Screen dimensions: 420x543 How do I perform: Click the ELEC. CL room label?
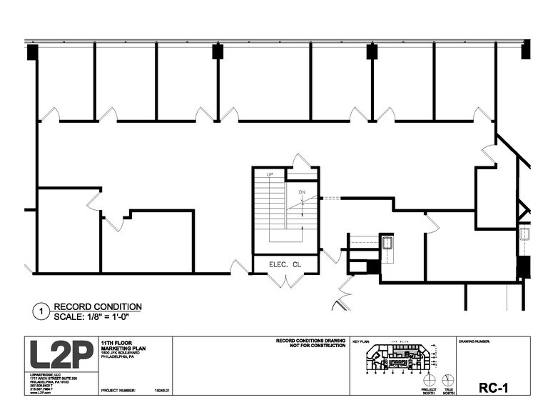285,264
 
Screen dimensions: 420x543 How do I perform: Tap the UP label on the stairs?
270,174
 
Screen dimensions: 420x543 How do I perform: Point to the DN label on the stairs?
302,192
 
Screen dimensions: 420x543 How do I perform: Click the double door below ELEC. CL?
285,280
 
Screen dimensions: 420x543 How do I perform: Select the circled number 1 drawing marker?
41,311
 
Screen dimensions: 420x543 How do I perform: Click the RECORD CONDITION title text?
98,306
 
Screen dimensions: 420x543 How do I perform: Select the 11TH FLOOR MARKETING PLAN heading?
123,346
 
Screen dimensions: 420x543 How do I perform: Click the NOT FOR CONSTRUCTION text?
311,346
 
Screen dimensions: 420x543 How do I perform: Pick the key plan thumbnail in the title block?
394,359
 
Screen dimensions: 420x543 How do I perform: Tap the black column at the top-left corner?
31,51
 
